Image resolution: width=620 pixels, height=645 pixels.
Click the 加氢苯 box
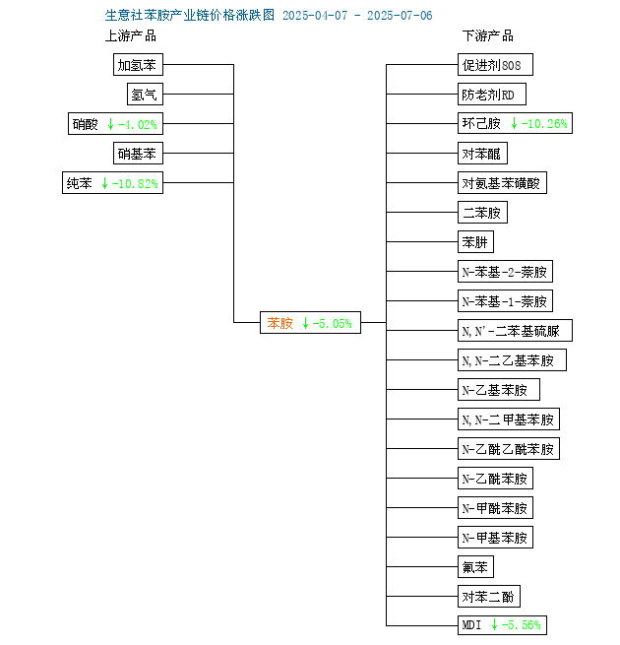point(138,65)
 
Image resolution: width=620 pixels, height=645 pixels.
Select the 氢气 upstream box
point(145,95)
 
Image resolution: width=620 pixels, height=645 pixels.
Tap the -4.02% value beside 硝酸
point(138,124)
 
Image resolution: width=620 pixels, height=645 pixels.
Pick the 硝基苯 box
point(138,154)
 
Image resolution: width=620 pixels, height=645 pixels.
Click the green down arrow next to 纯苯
point(105,183)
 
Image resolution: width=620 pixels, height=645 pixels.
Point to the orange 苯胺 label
point(280,323)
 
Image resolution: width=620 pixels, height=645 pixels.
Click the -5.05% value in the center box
point(333,324)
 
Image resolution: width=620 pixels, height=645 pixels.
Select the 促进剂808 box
point(495,65)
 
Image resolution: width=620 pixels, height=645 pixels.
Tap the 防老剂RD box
point(492,95)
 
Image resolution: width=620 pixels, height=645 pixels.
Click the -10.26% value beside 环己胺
point(544,124)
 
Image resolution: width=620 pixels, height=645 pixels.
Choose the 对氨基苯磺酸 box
point(503,183)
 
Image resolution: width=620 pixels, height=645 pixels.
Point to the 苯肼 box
point(475,242)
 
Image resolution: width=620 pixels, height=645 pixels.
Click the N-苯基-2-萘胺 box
point(505,272)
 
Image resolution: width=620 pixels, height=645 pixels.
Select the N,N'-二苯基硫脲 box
point(515,331)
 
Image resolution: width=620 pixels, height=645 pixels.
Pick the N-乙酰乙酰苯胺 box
point(509,449)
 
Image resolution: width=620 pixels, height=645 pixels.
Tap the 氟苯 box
point(475,567)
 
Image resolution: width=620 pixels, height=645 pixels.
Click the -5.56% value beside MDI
point(522,625)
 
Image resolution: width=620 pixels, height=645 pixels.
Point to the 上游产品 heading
point(131,36)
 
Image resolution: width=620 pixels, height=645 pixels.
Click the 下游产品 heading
point(488,36)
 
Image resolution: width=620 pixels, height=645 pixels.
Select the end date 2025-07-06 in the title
point(400,16)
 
